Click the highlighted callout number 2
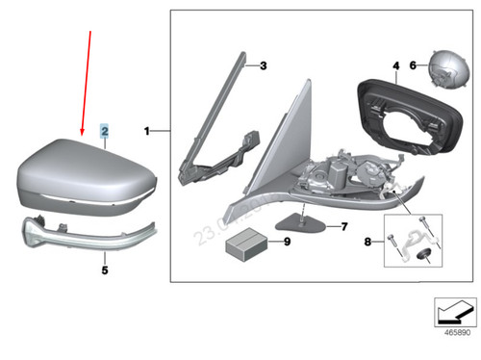coord(106,128)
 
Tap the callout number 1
coord(147,128)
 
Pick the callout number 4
coord(394,65)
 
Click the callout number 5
coord(106,271)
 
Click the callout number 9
coord(286,242)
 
